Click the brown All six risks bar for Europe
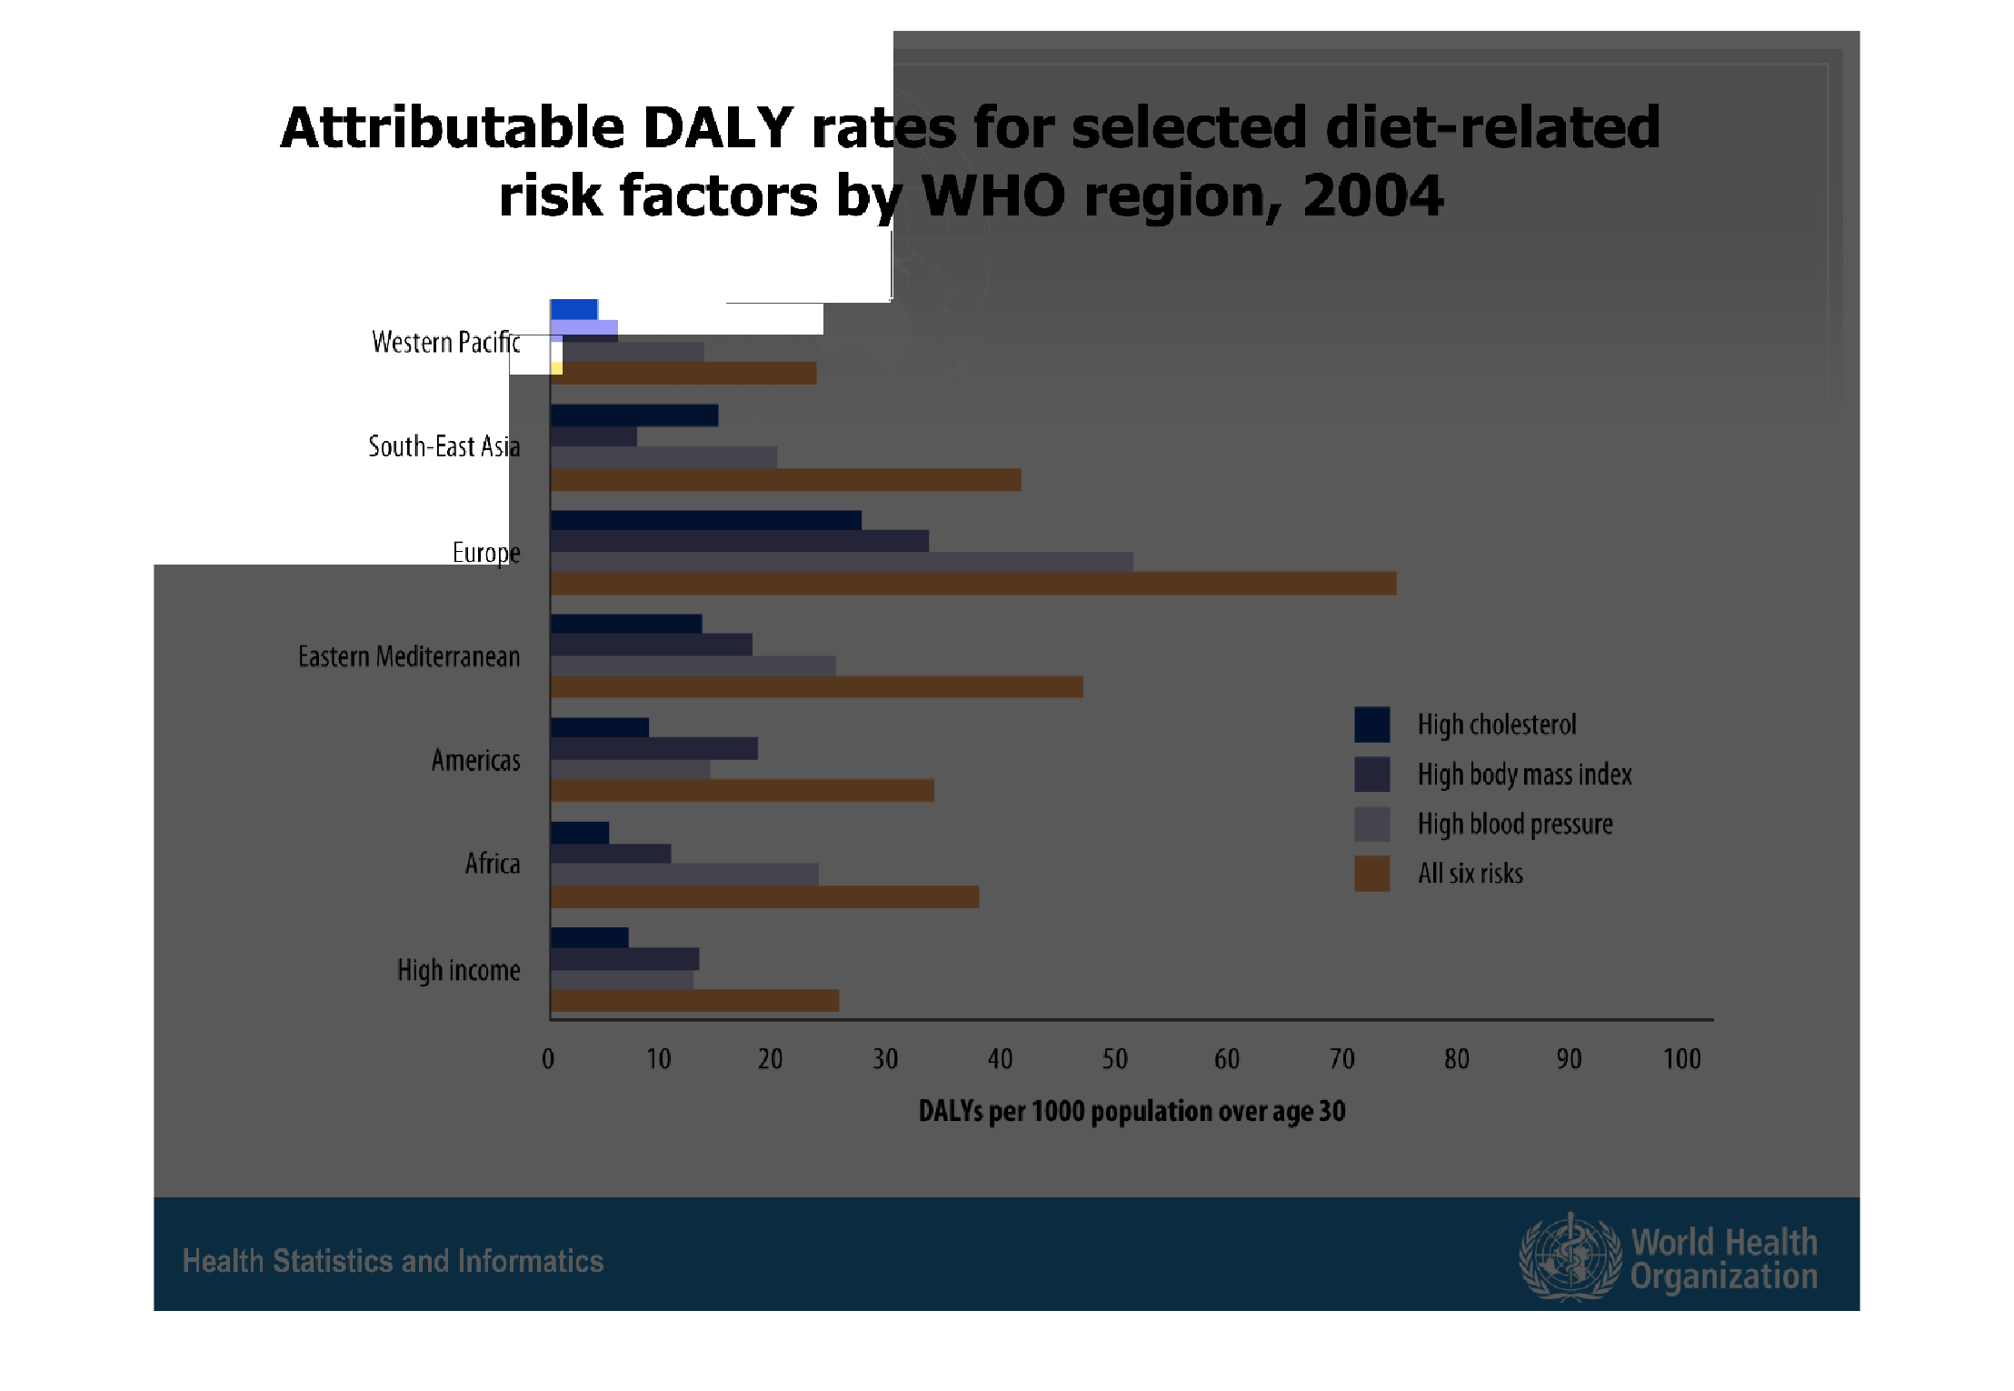point(973,584)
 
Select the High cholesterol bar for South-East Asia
point(634,415)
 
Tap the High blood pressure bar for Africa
point(684,875)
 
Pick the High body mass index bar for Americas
point(654,748)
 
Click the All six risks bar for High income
point(695,1001)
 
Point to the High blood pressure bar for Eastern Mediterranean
point(693,665)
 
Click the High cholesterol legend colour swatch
point(1372,725)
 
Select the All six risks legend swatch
point(1372,874)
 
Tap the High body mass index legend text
point(1525,775)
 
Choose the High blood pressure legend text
point(1515,825)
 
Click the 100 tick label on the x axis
point(1682,1059)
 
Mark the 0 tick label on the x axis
point(548,1059)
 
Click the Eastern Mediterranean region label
point(409,656)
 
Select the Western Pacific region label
point(446,343)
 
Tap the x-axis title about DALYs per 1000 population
point(1132,1112)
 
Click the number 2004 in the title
point(1373,195)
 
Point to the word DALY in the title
point(718,127)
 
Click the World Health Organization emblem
point(1570,1257)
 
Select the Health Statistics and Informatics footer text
point(393,1262)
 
